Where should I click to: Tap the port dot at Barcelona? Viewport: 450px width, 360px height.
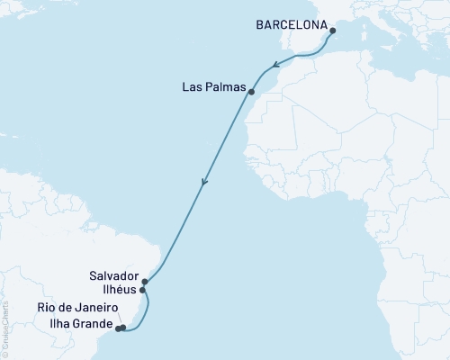tap(333, 31)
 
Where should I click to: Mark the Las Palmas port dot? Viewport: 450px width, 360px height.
tap(251, 92)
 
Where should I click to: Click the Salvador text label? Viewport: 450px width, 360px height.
tap(113, 275)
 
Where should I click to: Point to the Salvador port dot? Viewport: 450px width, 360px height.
tap(145, 282)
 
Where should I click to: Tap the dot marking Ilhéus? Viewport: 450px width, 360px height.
tap(143, 291)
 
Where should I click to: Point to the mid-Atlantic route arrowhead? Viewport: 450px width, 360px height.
tap(204, 184)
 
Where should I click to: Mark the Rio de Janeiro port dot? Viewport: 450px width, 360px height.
tap(123, 328)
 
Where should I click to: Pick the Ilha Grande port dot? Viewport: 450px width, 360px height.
tap(118, 328)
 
